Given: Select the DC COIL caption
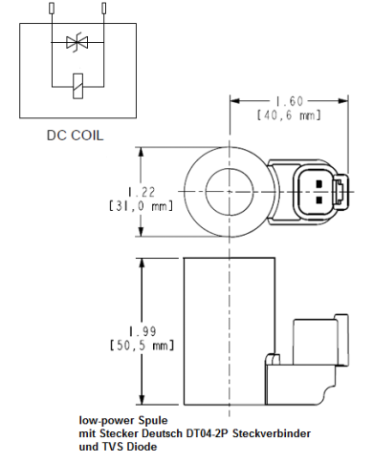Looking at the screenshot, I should click(x=72, y=135).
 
